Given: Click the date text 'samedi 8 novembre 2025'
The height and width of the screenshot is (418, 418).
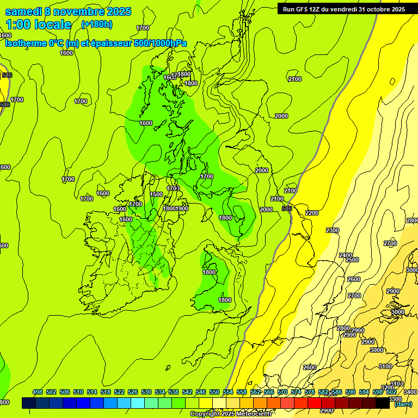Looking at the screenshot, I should (68, 11).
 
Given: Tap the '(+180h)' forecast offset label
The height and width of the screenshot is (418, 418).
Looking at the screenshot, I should (97, 24).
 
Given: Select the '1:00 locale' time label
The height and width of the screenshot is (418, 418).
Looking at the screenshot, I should (39, 24).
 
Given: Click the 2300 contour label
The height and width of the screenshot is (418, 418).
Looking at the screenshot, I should (333, 230).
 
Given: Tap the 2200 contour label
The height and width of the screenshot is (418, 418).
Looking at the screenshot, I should (312, 213).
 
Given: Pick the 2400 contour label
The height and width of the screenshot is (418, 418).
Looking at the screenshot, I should (346, 255).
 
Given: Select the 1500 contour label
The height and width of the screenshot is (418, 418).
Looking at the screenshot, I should (156, 194).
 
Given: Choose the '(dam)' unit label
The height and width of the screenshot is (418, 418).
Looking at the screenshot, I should (403, 404).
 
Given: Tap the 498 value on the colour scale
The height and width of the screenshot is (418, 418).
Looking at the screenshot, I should (38, 392).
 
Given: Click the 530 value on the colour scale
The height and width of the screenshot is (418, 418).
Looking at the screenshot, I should (146, 392).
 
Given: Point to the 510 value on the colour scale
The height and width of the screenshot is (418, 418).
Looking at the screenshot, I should (78, 392).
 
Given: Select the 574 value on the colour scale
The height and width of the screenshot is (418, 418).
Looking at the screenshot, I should (296, 392).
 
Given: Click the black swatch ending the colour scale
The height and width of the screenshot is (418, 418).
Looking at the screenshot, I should (383, 403).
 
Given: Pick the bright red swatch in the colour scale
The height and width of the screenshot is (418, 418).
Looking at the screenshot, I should (315, 403).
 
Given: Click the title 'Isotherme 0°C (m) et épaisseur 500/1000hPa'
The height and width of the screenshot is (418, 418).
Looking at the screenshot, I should (96, 43).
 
